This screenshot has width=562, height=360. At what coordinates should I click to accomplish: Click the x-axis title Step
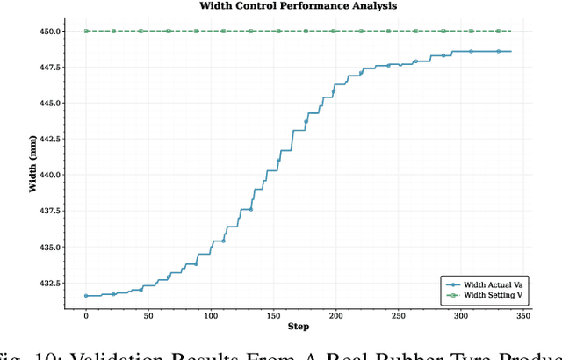click(x=298, y=327)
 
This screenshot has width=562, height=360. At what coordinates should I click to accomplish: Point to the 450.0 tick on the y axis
click(x=48, y=32)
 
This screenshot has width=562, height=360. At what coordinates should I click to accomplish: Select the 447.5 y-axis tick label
click(x=48, y=68)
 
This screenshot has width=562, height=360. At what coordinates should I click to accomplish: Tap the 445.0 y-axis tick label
click(x=48, y=104)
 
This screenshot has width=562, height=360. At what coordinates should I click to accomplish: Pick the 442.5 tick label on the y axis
click(x=48, y=140)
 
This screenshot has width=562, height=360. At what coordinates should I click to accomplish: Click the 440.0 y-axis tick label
click(x=48, y=176)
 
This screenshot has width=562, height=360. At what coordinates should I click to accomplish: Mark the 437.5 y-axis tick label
click(x=48, y=212)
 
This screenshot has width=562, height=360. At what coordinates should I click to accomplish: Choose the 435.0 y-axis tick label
click(x=48, y=248)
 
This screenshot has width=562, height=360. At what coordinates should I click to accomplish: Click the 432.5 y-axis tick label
click(x=48, y=284)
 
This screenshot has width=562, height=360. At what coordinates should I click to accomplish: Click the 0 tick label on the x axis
click(x=85, y=314)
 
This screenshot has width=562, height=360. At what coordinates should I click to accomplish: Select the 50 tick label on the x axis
click(x=148, y=314)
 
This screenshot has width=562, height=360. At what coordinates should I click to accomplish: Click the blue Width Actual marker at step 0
click(x=85, y=296)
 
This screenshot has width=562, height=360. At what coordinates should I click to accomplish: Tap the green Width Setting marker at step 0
click(x=85, y=32)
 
